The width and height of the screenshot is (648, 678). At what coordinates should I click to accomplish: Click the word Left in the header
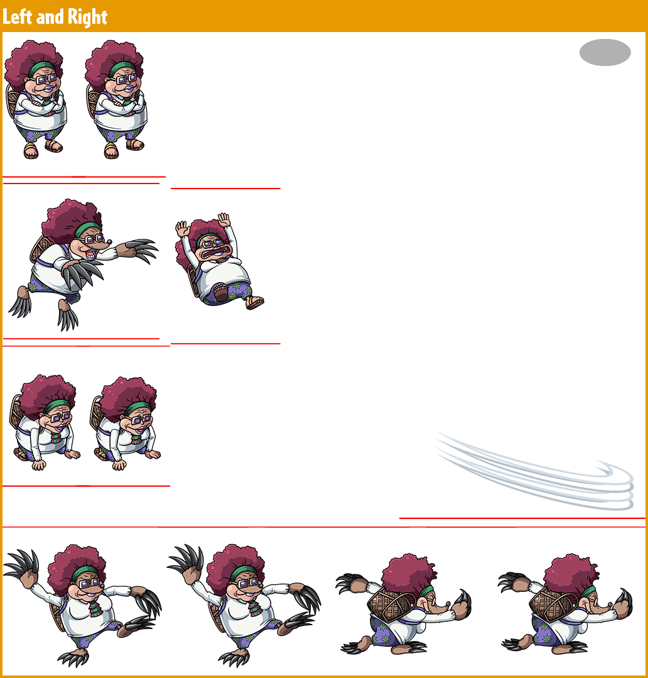pos(17,17)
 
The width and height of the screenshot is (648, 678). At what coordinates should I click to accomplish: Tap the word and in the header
pos(50,18)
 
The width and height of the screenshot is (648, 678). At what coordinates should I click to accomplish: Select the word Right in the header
pos(87,18)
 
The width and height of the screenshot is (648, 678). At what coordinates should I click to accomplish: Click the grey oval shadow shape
pos(605,52)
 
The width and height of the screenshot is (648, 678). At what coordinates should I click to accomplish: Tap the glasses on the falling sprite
pos(211,244)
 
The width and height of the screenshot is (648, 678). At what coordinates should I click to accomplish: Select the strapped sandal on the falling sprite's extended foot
pos(254,302)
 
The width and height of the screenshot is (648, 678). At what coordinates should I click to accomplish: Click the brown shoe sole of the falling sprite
pos(220,293)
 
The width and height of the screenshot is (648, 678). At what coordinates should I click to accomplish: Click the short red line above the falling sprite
pos(225,189)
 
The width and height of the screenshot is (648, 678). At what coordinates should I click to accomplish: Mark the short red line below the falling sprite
pos(225,344)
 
